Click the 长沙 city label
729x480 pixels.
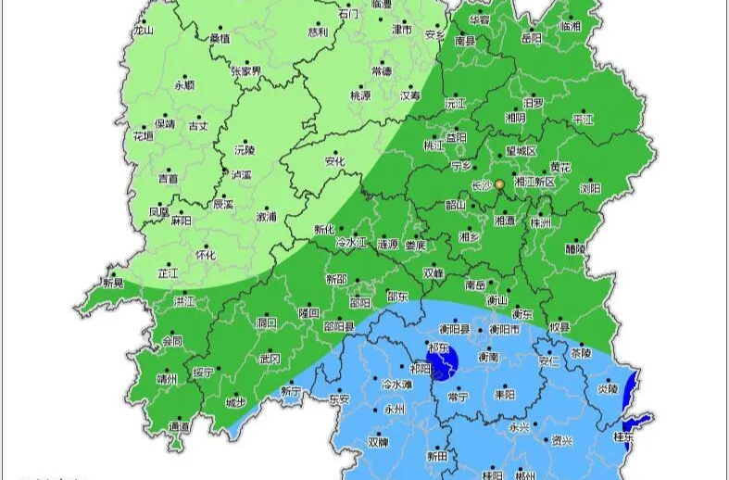coord(481,185)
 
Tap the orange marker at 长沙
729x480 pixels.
coord(499,184)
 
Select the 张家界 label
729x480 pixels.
coord(245,70)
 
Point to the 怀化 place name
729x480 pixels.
coord(206,255)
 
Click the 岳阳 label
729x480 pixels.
coord(532,39)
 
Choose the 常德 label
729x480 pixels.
coord(382,70)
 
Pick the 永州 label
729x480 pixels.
coord(395,408)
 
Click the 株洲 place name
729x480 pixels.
coord(540,223)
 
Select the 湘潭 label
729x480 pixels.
coord(505,221)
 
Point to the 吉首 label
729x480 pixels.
coord(168,178)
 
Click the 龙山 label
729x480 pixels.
coord(143,30)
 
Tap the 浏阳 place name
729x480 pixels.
coord(590,187)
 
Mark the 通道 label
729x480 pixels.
coord(179,425)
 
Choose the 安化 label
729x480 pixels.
coord(334,160)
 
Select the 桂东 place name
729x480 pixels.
coord(623,436)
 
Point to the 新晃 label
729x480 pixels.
coord(112,284)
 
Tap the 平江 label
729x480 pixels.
coord(583,119)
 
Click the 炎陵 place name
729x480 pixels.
coord(608,389)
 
